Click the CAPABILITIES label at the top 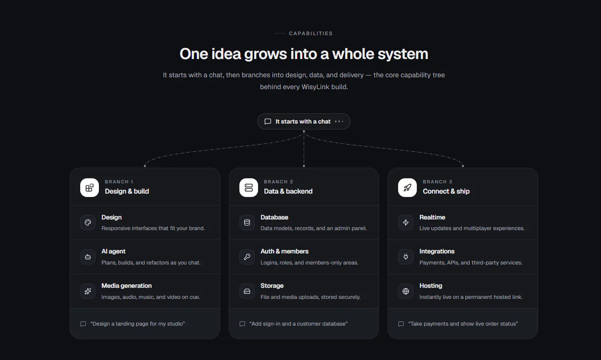click(x=311, y=33)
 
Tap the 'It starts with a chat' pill click(x=304, y=121)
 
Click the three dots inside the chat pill click(x=339, y=121)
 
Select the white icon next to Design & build click(x=90, y=188)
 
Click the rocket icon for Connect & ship click(x=407, y=188)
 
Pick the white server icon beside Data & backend click(x=249, y=188)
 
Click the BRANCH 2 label click(x=278, y=182)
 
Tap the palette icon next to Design click(x=88, y=222)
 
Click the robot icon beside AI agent click(x=88, y=257)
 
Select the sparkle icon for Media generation click(x=88, y=291)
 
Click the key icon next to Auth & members click(x=247, y=257)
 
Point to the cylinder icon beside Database click(x=247, y=222)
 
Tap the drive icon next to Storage click(x=247, y=291)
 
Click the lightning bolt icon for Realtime click(x=406, y=222)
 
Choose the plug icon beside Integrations click(x=406, y=257)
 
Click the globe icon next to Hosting click(x=406, y=291)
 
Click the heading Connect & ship click(x=446, y=191)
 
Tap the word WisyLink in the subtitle click(x=315, y=87)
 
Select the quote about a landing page click(x=138, y=324)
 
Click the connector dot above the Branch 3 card click(x=463, y=166)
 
